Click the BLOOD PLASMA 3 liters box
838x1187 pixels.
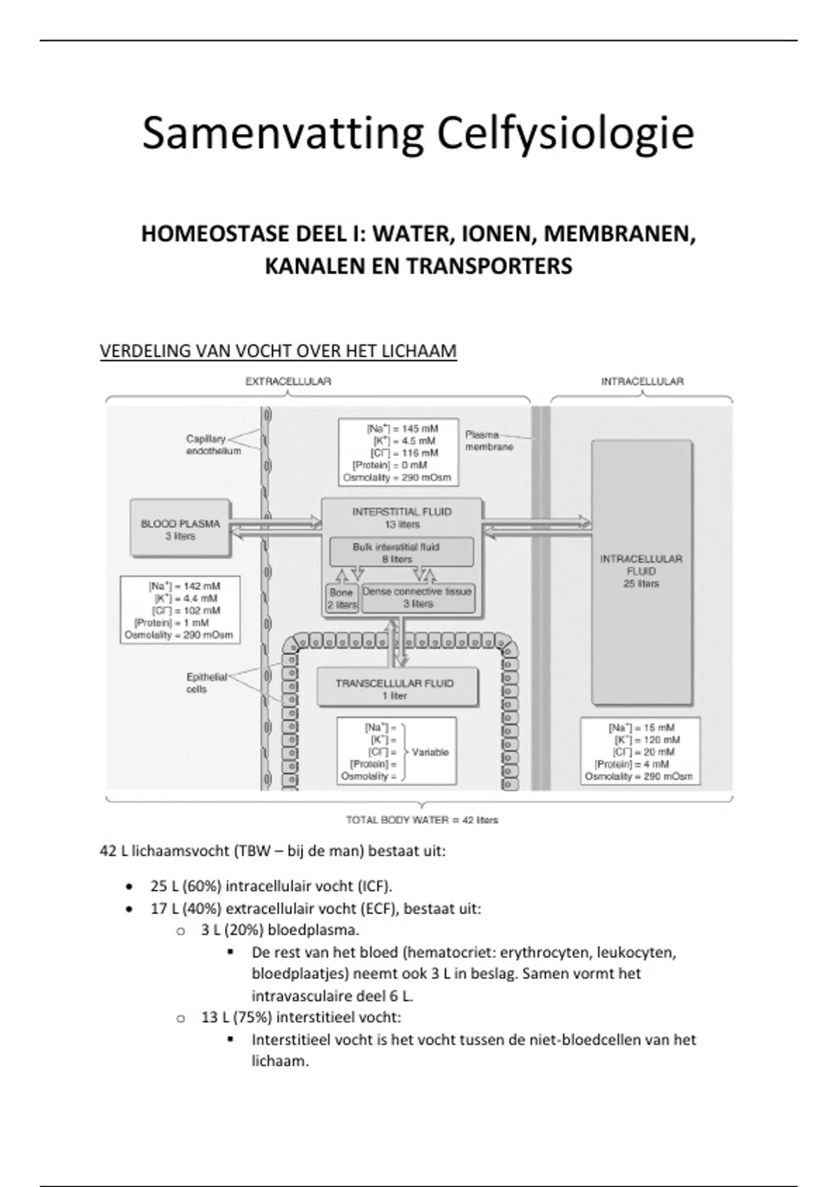tap(180, 529)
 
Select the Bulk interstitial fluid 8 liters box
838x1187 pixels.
tap(401, 552)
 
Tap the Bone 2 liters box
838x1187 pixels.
tap(342, 598)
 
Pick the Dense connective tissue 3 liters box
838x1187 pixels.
tap(418, 598)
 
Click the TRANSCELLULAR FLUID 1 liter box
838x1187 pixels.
tap(395, 689)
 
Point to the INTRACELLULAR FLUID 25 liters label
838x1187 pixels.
tap(641, 571)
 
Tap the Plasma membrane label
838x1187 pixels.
tap(490, 441)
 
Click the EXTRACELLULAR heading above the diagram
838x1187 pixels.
tap(288, 382)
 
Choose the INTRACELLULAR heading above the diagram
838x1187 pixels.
tap(642, 382)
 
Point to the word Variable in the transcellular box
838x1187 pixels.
tap(430, 752)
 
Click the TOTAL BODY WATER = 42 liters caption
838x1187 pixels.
tap(422, 820)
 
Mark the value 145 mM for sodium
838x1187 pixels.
tap(420, 428)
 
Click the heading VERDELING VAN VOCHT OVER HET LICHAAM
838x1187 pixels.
tap(278, 351)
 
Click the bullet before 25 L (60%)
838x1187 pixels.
tap(128, 887)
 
